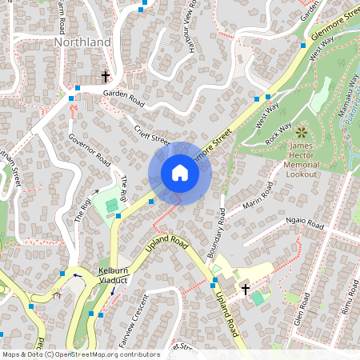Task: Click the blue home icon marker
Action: click(180, 173)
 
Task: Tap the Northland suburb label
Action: click(82, 41)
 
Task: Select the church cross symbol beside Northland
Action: click(105, 77)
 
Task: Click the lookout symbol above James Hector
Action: click(301, 132)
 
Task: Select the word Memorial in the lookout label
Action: click(302, 164)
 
